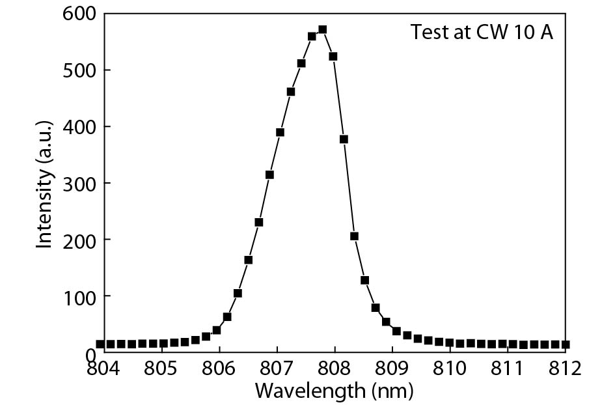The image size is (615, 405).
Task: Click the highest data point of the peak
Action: [x=322, y=30]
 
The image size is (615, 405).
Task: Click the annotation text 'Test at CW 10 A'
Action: [x=482, y=33]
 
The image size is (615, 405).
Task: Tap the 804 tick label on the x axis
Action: [x=104, y=369]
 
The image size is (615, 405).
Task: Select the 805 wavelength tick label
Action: [x=161, y=369]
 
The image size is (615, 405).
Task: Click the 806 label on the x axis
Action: [x=219, y=369]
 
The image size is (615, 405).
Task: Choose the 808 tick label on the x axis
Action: [x=335, y=369]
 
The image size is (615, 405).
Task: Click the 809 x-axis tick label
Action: [x=392, y=369]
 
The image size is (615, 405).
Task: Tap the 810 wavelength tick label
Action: [x=450, y=369]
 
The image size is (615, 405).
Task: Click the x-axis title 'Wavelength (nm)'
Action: [x=334, y=391]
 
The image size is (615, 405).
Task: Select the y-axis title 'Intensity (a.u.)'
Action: [x=44, y=184]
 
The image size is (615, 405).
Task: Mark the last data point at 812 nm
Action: [x=565, y=344]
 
